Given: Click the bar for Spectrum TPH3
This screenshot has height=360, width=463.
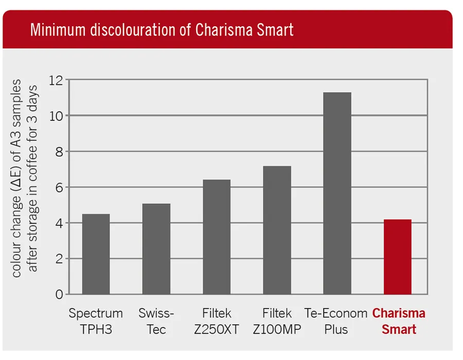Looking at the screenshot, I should [x=96, y=254].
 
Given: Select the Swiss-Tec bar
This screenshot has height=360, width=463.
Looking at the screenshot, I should [x=156, y=249].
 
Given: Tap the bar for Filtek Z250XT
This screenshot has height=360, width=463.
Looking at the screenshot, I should [x=217, y=237].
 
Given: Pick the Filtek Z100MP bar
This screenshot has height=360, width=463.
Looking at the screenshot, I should [x=277, y=230].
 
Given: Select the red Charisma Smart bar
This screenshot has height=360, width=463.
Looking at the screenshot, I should [x=398, y=257].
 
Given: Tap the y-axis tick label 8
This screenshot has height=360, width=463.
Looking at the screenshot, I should [x=59, y=152].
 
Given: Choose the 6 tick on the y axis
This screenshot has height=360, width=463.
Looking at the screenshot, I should [x=59, y=187].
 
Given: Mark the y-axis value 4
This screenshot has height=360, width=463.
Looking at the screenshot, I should [x=59, y=223].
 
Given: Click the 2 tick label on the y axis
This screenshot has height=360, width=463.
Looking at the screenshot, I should [x=59, y=259].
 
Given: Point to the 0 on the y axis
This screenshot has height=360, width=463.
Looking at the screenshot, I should [x=59, y=295].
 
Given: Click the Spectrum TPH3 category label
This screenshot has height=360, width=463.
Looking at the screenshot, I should [x=96, y=321].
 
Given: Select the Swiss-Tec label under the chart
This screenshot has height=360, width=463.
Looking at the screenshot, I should [x=156, y=321].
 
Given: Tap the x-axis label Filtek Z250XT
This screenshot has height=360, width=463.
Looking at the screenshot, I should [x=217, y=321].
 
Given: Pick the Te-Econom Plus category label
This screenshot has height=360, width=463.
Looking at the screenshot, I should [x=335, y=321].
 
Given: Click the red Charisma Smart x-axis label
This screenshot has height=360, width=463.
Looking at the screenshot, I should [x=399, y=321].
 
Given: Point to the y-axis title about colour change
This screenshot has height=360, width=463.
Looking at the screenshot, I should [x=25, y=177].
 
